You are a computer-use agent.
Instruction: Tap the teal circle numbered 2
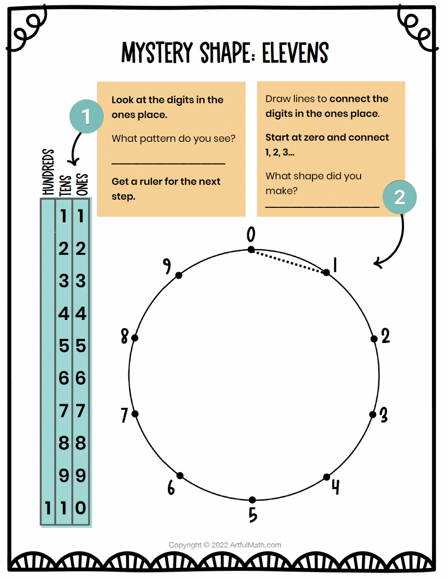(400, 198)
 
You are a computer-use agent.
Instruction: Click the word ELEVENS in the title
(295, 53)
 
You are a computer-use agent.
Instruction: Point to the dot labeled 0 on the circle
(251, 249)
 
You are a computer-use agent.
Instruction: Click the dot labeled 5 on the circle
(252, 500)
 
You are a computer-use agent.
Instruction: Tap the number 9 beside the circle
(167, 265)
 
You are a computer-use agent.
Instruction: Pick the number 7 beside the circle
(125, 414)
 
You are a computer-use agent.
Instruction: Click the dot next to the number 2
(374, 339)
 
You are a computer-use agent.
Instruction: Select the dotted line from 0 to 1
(289, 261)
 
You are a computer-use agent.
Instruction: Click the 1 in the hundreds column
(47, 508)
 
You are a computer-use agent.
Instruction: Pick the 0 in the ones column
(81, 508)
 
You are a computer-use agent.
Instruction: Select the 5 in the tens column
(64, 346)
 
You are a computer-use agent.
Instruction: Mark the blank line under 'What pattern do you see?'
(168, 164)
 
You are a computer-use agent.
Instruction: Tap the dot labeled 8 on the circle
(135, 338)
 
